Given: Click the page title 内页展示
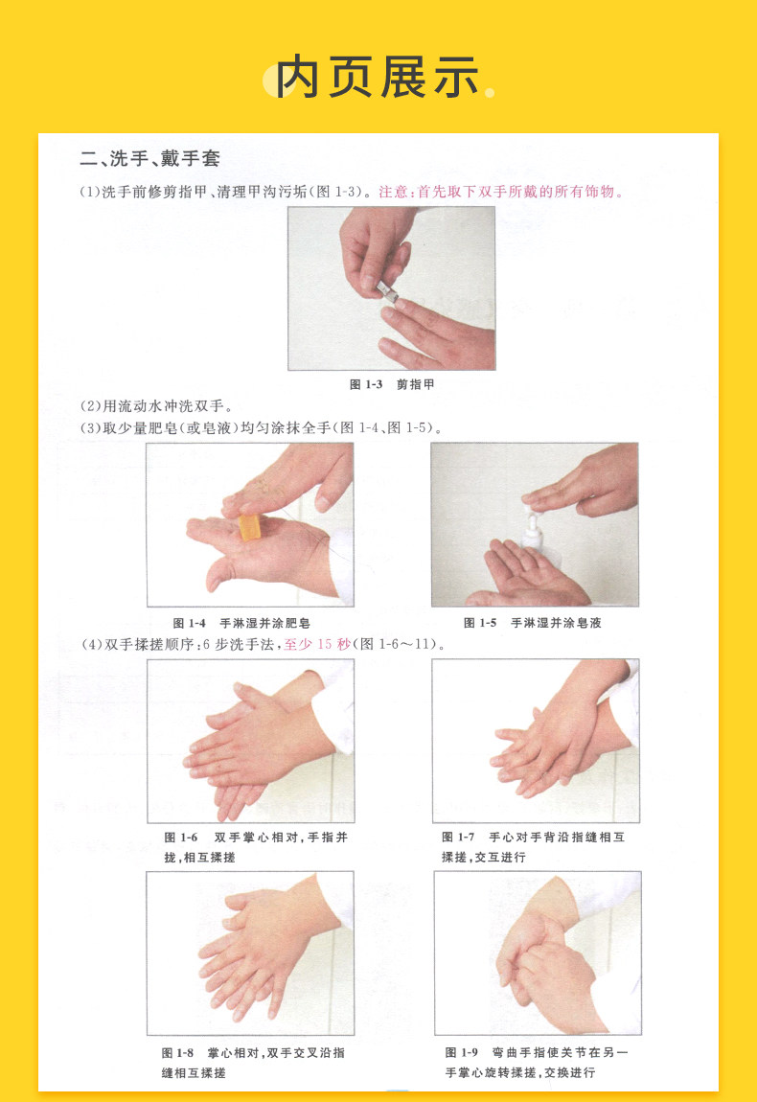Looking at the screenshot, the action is coord(378,77).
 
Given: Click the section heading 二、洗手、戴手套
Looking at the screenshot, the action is coord(149,158).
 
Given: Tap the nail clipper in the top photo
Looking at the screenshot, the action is coord(387,291).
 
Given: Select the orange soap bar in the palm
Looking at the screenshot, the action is coord(249,528).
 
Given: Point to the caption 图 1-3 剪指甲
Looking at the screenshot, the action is coord(392,384).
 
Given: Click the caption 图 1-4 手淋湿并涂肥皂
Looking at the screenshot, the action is coord(241,623).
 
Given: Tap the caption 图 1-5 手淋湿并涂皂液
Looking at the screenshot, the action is coord(532,623).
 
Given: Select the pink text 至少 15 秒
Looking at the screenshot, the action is coord(317,645).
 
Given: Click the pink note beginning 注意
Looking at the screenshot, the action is coord(501,192).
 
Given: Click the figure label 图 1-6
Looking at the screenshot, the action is coord(181,838).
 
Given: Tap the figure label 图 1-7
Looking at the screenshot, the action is coord(458,838).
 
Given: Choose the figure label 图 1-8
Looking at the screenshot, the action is coord(177,1053).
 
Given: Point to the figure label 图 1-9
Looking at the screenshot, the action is coord(461,1052).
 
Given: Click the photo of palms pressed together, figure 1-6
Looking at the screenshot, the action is coord(250,741).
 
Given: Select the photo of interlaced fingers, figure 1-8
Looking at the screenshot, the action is coord(250,953).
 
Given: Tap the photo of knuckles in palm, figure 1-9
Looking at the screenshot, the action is coord(538,953).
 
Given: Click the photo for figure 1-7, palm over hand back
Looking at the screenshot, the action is coord(536,741).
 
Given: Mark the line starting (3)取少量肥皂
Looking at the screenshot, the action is coord(261,428).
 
